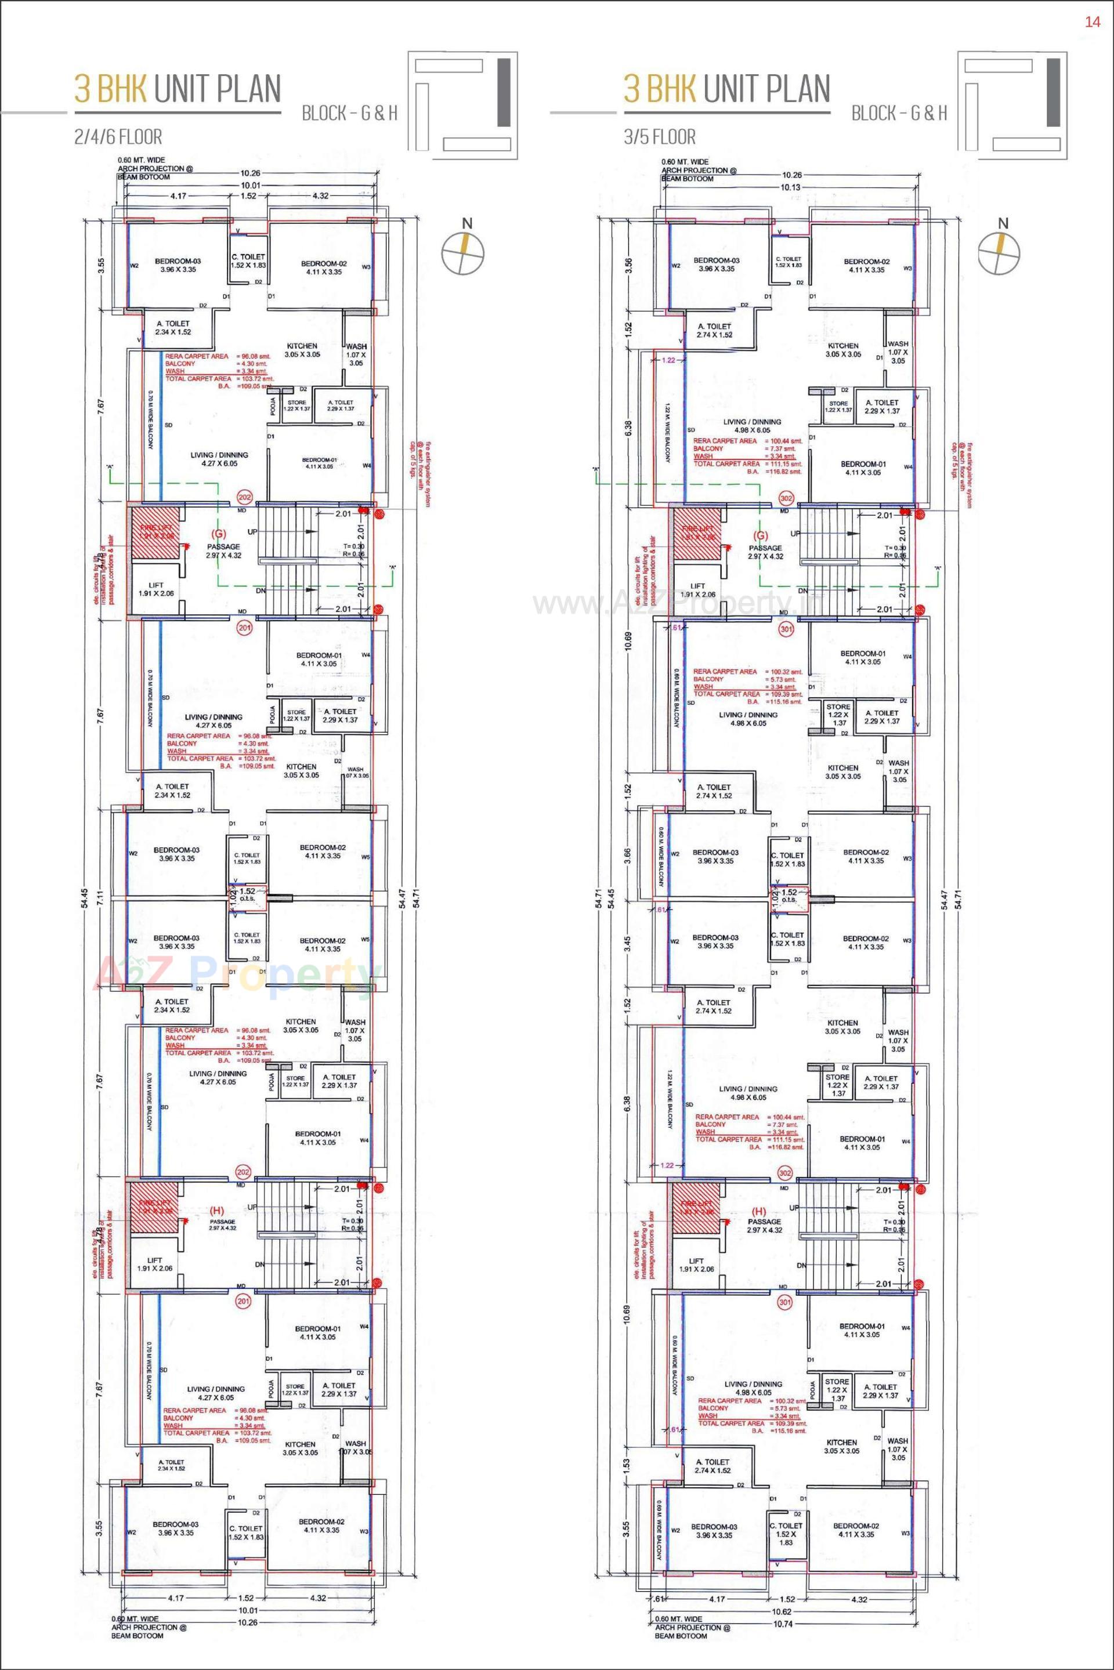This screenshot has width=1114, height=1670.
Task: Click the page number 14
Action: pos(1092,22)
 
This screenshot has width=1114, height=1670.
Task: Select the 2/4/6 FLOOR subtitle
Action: pos(118,136)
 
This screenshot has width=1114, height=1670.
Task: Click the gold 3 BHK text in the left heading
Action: pos(110,89)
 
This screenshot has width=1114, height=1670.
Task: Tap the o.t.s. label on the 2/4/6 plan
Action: pos(247,899)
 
